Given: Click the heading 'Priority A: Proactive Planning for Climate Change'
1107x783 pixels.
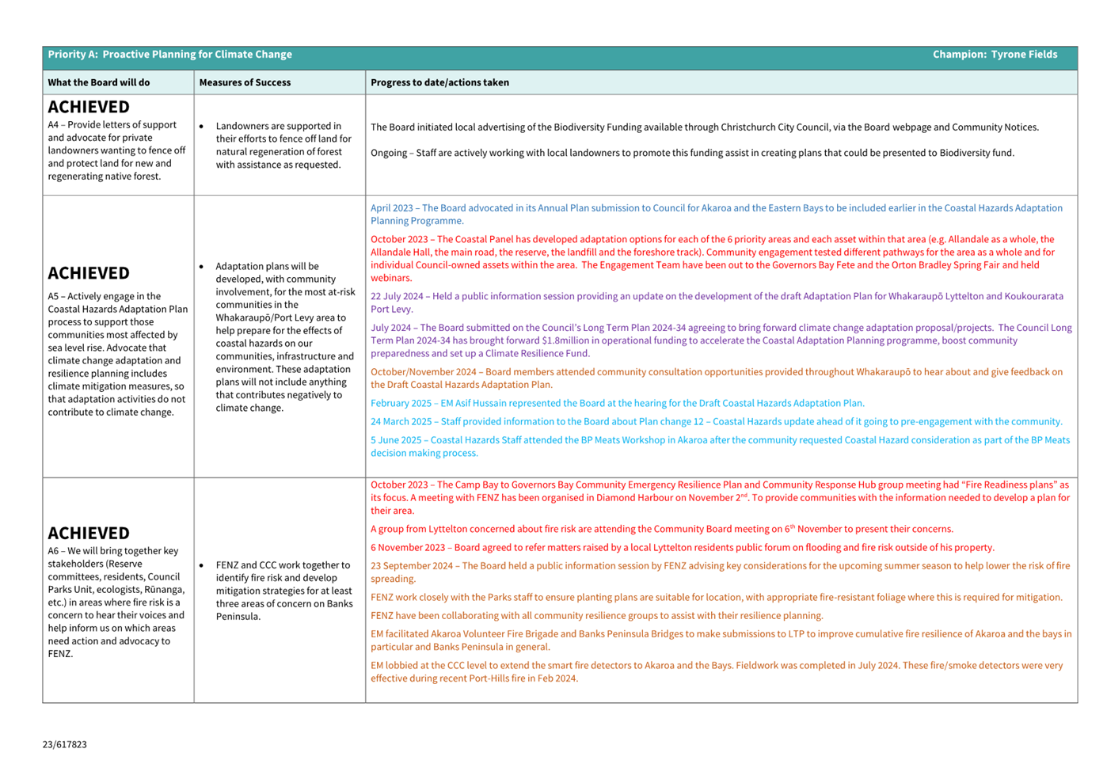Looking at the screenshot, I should [x=169, y=55].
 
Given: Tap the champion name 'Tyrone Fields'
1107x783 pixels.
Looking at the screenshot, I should [x=1024, y=55].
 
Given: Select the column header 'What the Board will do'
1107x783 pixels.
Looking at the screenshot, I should [x=98, y=82].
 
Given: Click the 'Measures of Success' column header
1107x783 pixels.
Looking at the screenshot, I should [x=245, y=82].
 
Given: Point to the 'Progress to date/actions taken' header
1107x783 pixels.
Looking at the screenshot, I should [x=439, y=82].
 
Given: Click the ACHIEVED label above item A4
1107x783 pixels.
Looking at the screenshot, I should [x=89, y=107].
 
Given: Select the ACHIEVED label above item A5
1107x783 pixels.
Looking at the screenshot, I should [x=89, y=273].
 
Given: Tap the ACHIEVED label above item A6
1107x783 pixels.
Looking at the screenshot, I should [x=89, y=533].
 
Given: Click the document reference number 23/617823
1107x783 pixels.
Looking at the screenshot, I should [x=65, y=744].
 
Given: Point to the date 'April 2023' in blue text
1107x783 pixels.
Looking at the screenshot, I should [x=392, y=208].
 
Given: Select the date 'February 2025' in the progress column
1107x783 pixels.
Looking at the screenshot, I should [x=401, y=403].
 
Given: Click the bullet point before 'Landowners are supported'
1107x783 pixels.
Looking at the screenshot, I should [x=202, y=127].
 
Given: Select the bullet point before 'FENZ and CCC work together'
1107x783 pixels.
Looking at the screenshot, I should [x=202, y=566].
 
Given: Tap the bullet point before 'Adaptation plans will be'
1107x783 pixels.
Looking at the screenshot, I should [x=202, y=267].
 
